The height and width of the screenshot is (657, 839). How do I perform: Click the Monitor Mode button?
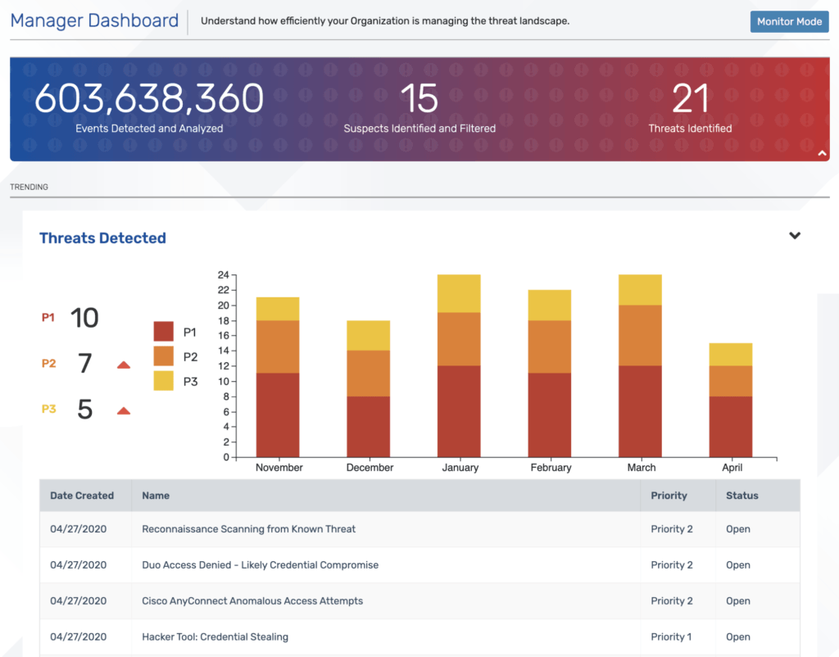789,21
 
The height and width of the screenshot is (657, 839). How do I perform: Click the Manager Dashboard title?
94,20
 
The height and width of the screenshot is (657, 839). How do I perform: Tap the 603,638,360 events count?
149,98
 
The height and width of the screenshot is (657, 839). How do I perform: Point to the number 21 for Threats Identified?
690,98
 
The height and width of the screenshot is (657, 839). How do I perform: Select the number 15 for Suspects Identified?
419,98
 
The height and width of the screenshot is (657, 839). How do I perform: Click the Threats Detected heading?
102,238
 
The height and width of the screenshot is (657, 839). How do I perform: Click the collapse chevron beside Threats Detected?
794,236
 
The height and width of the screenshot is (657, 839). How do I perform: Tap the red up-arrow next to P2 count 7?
124,365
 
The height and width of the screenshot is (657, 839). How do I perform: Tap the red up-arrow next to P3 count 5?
124,410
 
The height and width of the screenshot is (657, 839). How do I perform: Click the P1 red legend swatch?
164,332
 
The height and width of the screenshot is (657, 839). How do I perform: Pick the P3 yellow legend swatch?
164,381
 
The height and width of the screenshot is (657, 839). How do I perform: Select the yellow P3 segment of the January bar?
460,293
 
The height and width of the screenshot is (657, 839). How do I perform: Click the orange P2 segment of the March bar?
641,335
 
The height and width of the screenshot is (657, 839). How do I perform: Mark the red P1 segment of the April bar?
731,427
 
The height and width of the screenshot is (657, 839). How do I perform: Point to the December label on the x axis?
370,468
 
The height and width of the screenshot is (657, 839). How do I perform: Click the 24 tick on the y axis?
223,275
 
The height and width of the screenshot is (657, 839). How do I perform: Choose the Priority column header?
669,496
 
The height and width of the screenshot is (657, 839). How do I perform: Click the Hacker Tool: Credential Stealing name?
215,637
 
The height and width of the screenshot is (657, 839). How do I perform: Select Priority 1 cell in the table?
671,637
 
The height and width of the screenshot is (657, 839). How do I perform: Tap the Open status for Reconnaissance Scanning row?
737,529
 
